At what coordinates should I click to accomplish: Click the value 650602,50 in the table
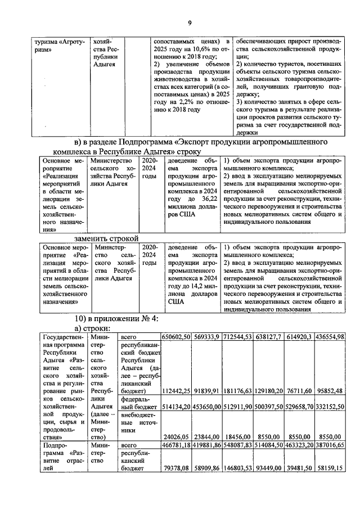click(x=176, y=336)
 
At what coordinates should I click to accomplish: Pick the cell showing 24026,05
click(x=178, y=436)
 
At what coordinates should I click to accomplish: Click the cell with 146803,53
click(x=237, y=467)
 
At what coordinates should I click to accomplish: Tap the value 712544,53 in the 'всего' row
click(x=237, y=336)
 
